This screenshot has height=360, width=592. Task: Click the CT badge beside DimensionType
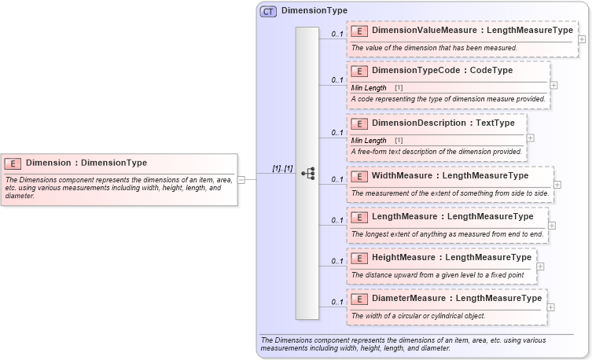click(269, 11)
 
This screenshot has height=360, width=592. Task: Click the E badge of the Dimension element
click(13, 163)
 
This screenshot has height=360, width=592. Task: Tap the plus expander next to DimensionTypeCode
click(553, 85)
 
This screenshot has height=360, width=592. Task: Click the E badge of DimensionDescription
click(359, 123)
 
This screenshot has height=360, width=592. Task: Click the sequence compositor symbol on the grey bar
click(308, 174)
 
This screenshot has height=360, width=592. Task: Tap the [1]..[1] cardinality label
click(281, 168)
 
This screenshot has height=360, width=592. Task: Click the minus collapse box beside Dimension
click(241, 179)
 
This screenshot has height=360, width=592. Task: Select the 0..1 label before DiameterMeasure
click(336, 302)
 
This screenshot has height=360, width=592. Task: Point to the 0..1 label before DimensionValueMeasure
click(336, 35)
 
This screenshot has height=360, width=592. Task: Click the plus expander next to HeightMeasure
click(540, 266)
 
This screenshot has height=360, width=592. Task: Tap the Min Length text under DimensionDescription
click(369, 140)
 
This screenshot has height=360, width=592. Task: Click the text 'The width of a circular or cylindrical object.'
click(418, 315)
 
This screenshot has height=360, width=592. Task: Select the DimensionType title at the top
click(314, 11)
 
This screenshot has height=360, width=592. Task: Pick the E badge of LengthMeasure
click(359, 217)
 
